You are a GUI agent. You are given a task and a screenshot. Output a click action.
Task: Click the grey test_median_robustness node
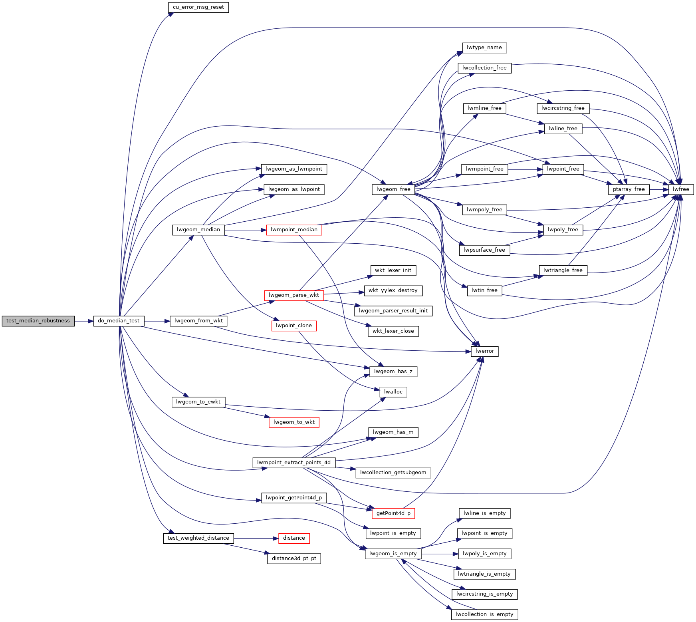[x=38, y=321]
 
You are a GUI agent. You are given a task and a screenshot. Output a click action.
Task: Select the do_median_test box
[x=119, y=321]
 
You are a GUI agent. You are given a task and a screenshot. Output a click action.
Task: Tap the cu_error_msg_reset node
[x=198, y=7]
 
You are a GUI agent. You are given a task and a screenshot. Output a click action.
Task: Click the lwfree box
[x=681, y=189]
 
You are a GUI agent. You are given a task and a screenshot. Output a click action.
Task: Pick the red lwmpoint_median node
[x=294, y=230]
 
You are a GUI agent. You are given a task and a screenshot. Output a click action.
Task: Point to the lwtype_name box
[x=484, y=48]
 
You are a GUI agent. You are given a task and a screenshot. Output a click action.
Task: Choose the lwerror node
[x=485, y=351]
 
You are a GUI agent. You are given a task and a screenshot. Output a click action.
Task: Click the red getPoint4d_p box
[x=393, y=513]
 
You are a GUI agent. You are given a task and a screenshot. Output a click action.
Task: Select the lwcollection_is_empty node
[x=484, y=614]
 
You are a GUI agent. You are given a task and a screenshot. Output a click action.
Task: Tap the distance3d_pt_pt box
[x=294, y=558]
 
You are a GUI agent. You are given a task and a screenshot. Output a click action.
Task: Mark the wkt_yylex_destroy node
[x=393, y=290]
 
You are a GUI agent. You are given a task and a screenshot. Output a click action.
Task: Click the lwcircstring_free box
[x=563, y=108]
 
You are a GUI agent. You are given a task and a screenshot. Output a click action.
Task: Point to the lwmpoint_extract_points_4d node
[x=294, y=463]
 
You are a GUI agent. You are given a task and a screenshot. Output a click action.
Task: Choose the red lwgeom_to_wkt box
[x=294, y=422]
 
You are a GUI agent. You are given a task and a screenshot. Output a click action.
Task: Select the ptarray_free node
[x=629, y=189]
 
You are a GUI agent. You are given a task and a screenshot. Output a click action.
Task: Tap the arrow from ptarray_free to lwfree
[x=659, y=189]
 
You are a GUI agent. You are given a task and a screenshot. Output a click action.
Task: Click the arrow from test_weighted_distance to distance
[x=256, y=539]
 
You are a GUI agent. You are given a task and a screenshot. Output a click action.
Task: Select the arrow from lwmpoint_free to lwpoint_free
[x=525, y=169]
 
